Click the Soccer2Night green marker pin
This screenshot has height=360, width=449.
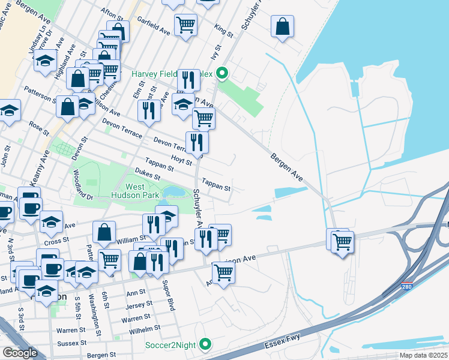[205, 344]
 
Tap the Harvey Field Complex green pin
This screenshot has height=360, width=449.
[222, 74]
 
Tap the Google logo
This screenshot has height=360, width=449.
[20, 352]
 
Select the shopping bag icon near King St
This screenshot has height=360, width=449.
[282, 27]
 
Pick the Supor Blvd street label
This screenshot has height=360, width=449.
[171, 298]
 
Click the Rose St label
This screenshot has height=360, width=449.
[38, 128]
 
